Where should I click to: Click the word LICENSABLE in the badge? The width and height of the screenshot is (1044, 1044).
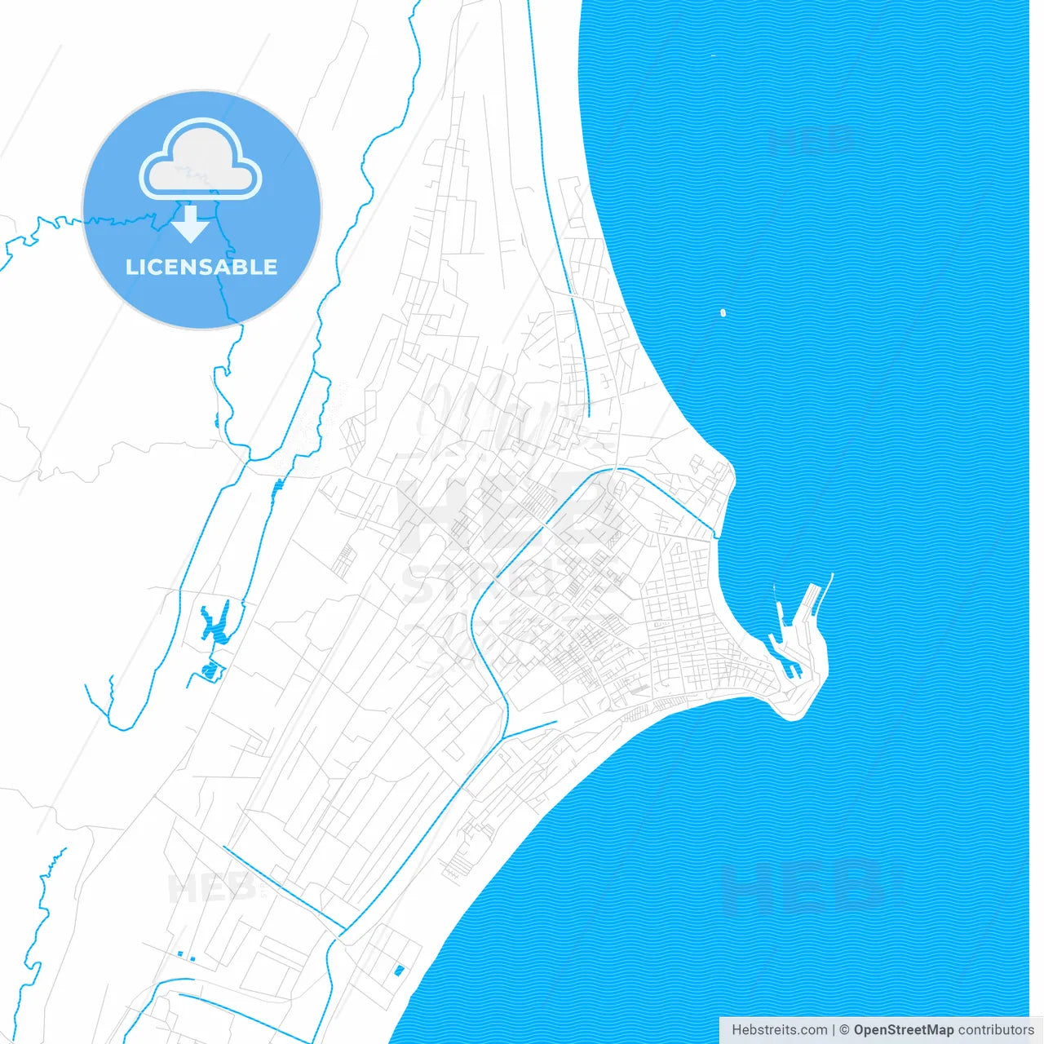tap(201, 267)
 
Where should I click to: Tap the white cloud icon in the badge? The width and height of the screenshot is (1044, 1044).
tap(201, 161)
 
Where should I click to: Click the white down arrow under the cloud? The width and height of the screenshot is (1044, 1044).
tap(191, 223)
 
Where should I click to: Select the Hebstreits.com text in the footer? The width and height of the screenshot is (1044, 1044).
tap(779, 1030)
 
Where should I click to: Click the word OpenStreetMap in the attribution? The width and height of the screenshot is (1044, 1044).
tap(903, 1030)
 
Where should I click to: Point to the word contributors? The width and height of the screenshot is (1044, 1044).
tap(995, 1030)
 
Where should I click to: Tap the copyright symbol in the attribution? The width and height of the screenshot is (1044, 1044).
tap(844, 1030)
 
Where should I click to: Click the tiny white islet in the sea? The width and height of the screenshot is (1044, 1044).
tap(723, 312)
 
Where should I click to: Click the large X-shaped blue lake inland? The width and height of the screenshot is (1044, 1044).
tap(215, 622)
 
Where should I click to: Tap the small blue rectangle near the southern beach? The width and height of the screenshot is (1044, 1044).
tap(399, 970)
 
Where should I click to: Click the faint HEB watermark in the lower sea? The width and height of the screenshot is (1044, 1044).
tap(803, 887)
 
